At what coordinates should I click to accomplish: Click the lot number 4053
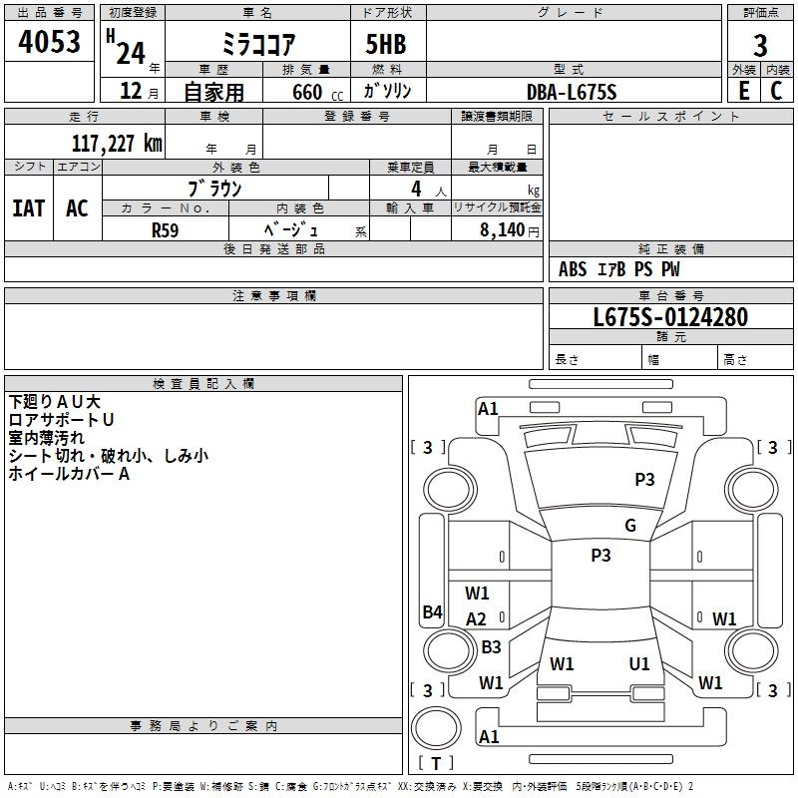(49, 41)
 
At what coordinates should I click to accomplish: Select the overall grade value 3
(760, 46)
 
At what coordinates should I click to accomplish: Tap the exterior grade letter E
(744, 91)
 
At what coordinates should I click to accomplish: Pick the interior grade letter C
(776, 91)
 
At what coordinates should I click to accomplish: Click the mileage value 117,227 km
(117, 144)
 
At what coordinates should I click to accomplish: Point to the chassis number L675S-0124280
(670, 317)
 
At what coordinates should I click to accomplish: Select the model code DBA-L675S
(572, 92)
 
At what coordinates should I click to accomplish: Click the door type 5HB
(386, 44)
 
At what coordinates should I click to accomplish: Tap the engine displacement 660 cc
(318, 93)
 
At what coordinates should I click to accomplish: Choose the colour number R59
(166, 230)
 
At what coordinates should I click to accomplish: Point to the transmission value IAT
(29, 208)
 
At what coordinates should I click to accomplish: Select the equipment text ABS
(573, 269)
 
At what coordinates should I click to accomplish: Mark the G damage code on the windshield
(630, 526)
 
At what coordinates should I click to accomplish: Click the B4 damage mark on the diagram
(433, 611)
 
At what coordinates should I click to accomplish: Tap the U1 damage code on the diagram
(639, 664)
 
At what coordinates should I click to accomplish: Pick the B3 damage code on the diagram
(491, 646)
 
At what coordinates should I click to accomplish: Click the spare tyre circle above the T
(436, 728)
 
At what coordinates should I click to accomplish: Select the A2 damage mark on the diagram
(476, 619)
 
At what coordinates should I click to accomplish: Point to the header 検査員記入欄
(203, 384)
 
